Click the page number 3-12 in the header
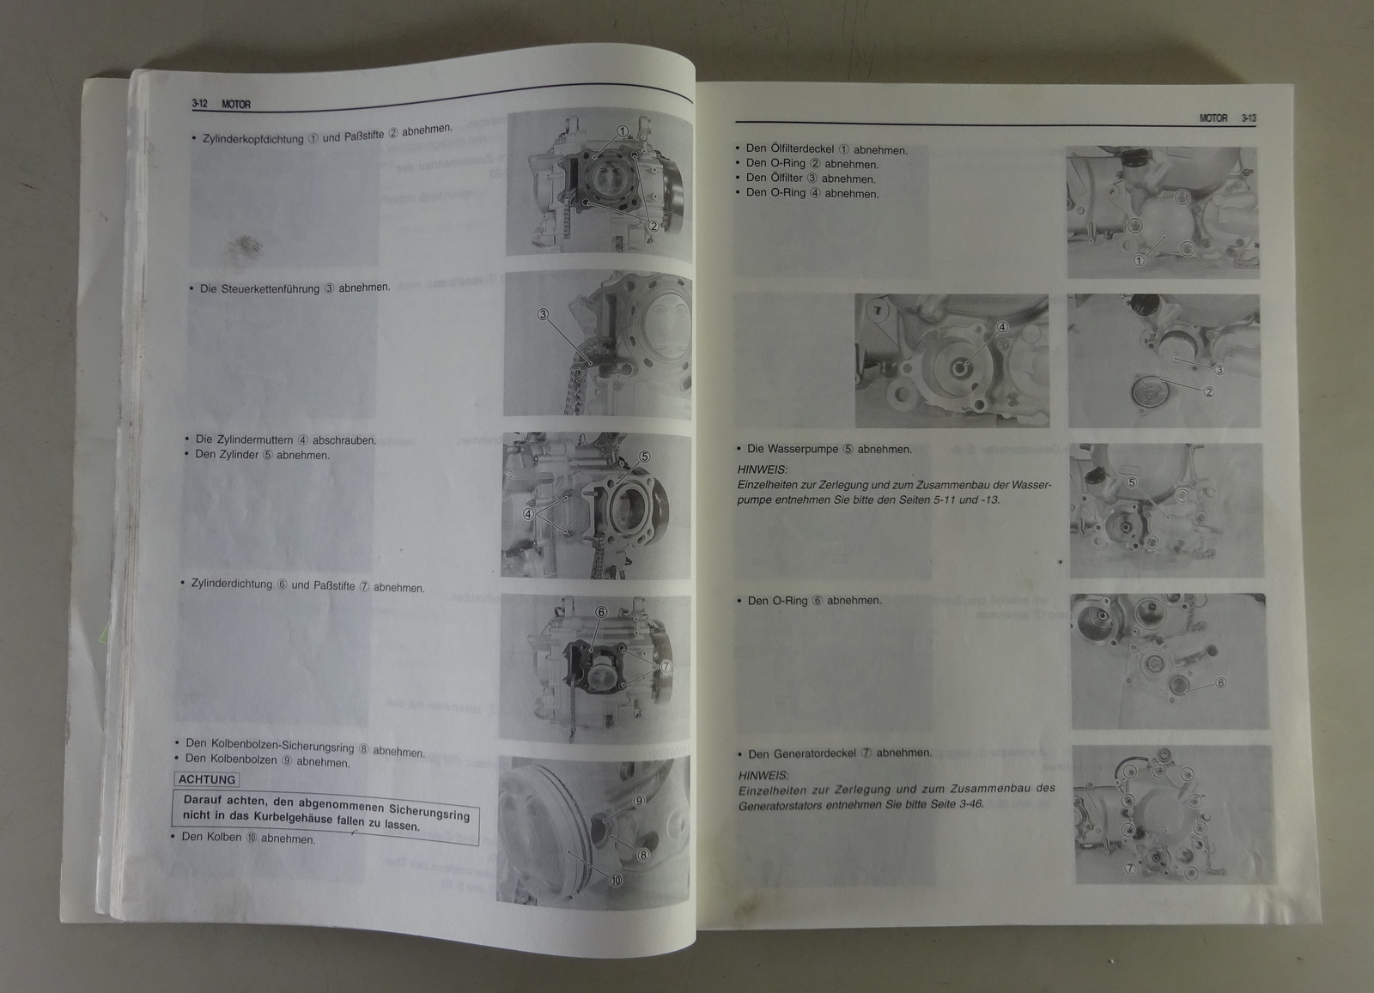pyautogui.click(x=199, y=104)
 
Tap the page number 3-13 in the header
pyautogui.click(x=1249, y=118)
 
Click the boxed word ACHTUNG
pyautogui.click(x=207, y=779)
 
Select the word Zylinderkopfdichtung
pyautogui.click(x=253, y=139)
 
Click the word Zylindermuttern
pyautogui.click(x=244, y=439)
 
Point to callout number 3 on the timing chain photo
pyautogui.click(x=543, y=314)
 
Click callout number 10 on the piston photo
pyautogui.click(x=615, y=881)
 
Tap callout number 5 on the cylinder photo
pyautogui.click(x=645, y=457)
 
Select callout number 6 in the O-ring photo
pyautogui.click(x=1220, y=683)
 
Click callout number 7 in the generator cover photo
pyautogui.click(x=1129, y=868)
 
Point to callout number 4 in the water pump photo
pyautogui.click(x=1002, y=327)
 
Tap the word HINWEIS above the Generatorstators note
pyautogui.click(x=763, y=775)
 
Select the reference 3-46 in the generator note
pyautogui.click(x=970, y=804)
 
